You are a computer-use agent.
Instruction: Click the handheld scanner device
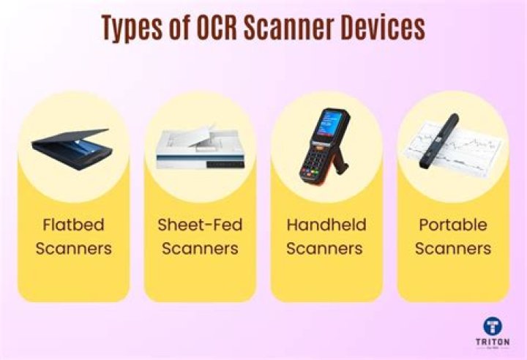tap(325, 146)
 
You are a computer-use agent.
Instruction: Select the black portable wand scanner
tap(438, 139)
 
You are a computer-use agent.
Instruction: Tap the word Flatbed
tap(72, 224)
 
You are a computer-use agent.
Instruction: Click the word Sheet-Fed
tap(199, 224)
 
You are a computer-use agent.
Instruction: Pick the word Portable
tap(452, 224)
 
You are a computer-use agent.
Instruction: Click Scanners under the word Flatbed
tap(72, 248)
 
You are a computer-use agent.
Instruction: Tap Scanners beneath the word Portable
tap(452, 248)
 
